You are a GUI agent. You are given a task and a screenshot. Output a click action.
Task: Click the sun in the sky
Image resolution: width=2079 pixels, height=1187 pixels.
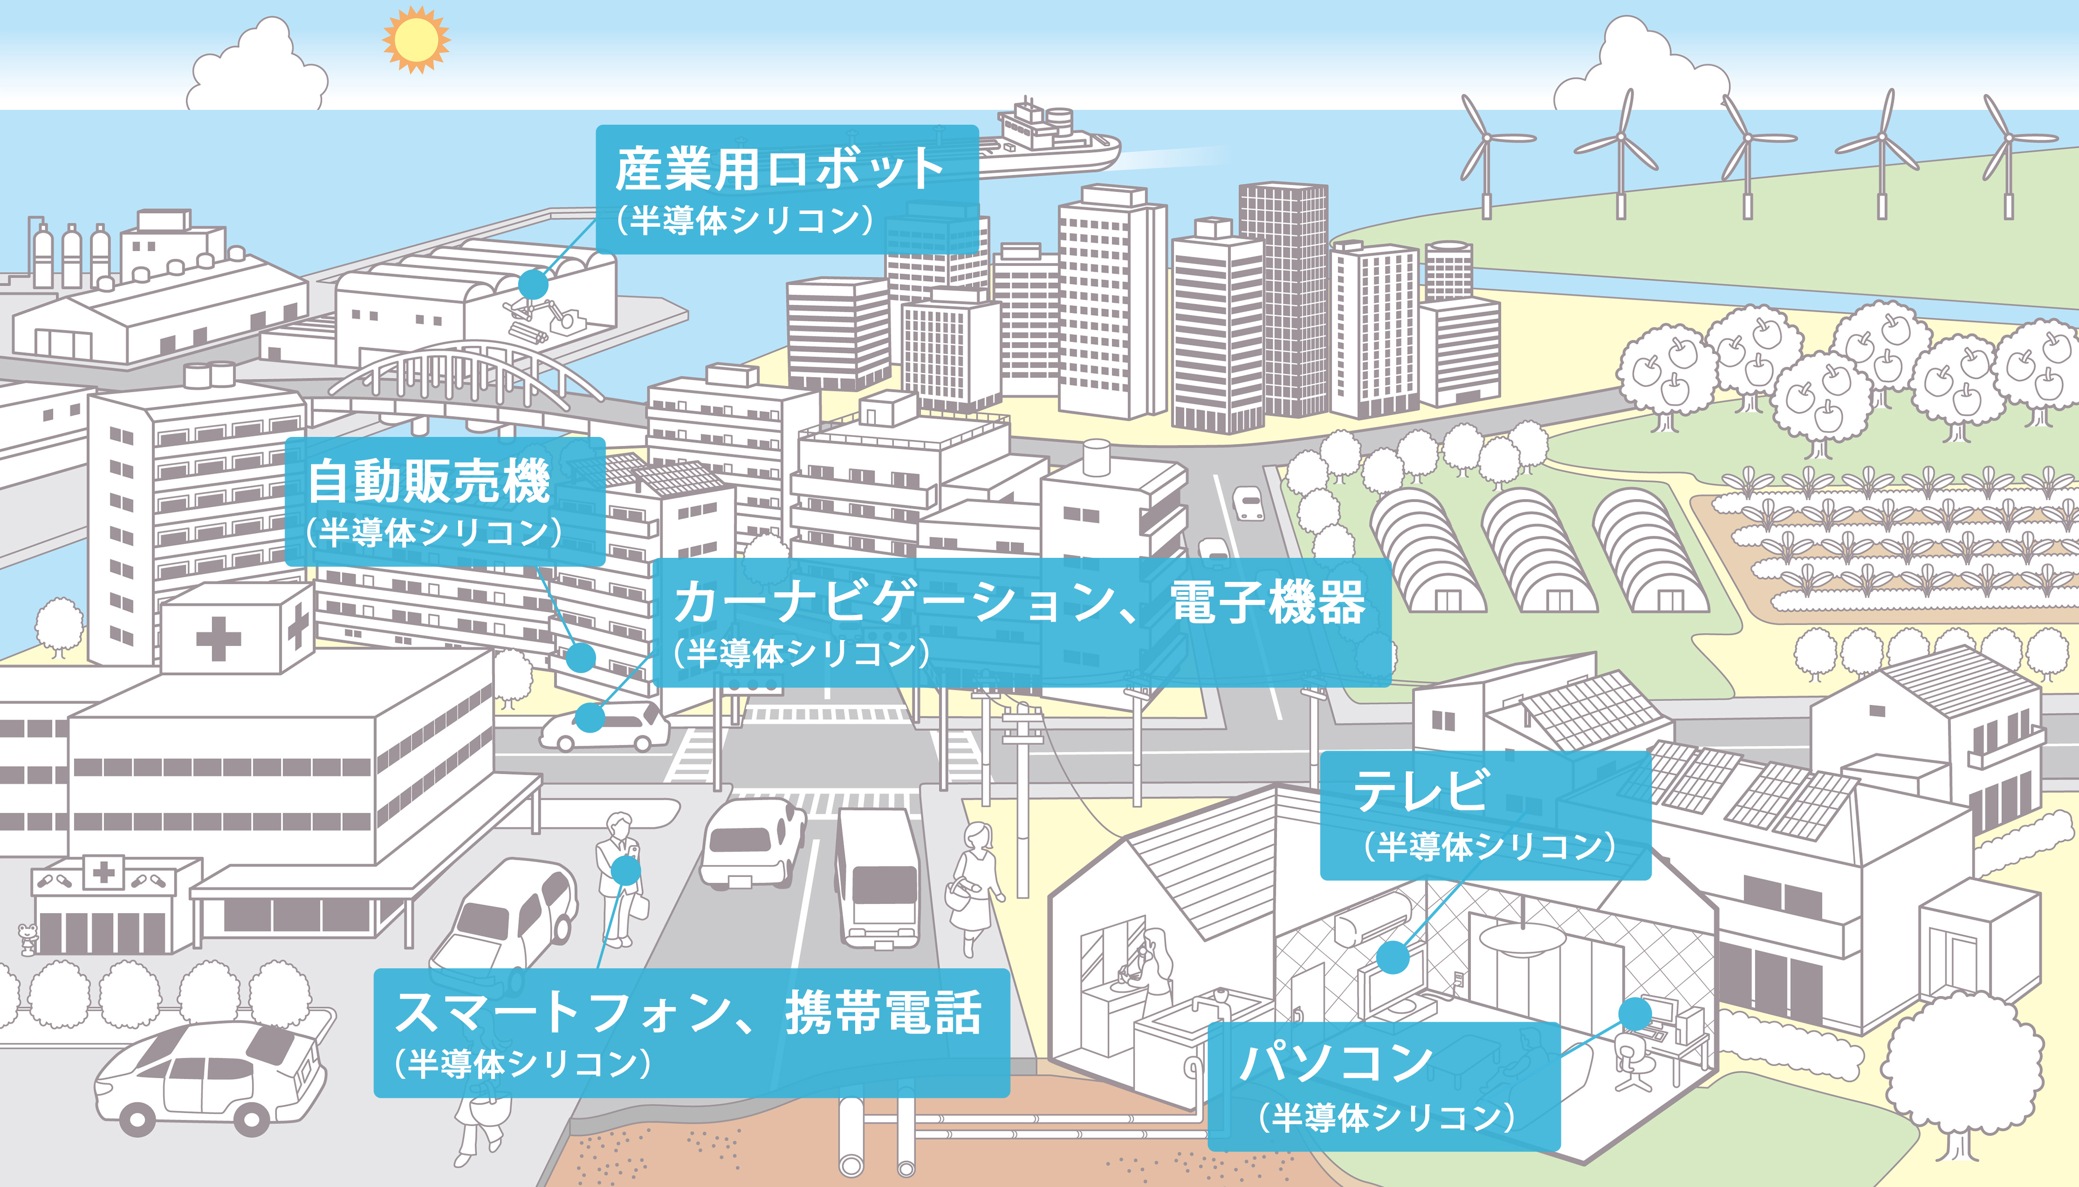pos(416,38)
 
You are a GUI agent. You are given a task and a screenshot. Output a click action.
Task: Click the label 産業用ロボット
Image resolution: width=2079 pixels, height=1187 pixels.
pos(780,169)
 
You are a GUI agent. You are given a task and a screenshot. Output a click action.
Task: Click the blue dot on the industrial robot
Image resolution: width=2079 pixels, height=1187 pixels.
pos(533,284)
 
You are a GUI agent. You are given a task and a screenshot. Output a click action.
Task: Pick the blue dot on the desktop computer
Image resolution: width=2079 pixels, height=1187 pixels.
pos(1635,1013)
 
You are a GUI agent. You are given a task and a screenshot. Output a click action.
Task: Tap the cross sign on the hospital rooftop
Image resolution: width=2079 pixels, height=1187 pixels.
pos(218,638)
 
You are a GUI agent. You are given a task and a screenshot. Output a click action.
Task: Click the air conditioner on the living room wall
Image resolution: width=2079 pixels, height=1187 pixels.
pos(1373,918)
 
